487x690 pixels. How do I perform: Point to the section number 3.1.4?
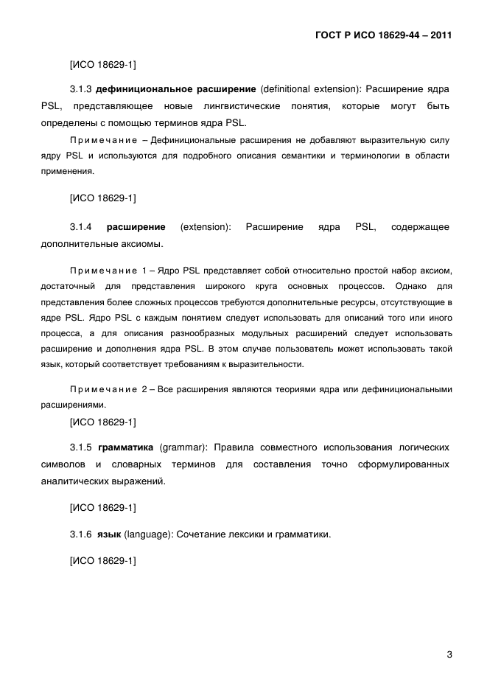81,227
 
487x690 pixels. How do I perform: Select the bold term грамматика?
125,447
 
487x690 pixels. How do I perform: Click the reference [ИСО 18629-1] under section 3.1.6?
102,561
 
